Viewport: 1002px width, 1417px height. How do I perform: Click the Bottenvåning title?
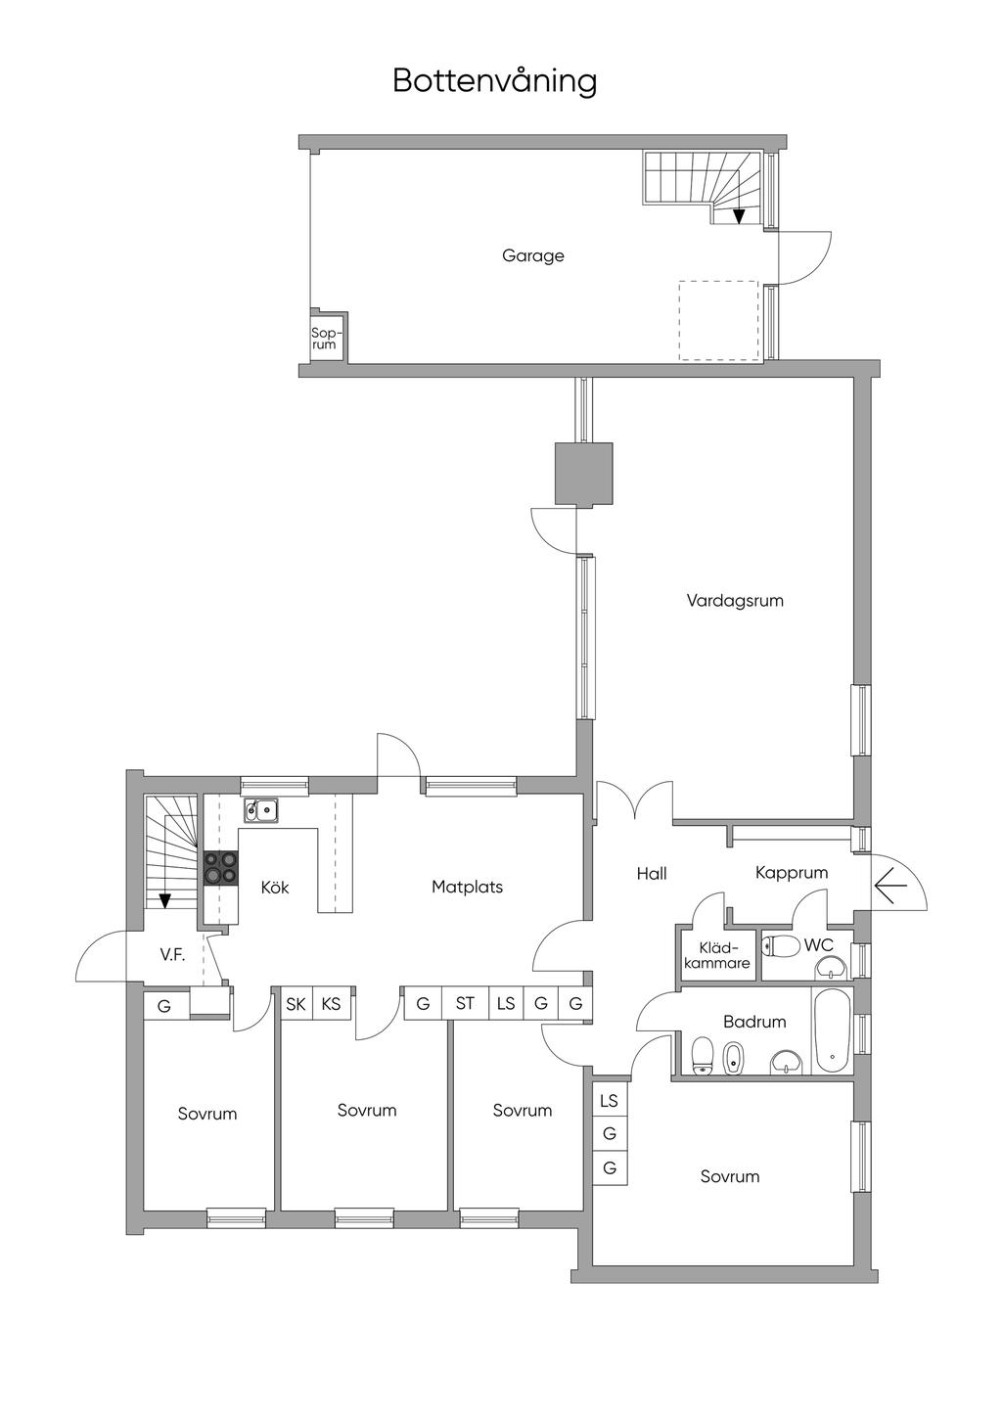pyautogui.click(x=495, y=81)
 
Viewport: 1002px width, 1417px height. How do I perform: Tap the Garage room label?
pyautogui.click(x=532, y=255)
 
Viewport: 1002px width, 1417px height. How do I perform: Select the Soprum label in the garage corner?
pyautogui.click(x=324, y=339)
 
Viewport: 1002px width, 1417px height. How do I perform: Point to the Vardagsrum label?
pyautogui.click(x=735, y=600)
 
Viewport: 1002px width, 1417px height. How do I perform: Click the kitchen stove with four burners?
pyautogui.click(x=221, y=867)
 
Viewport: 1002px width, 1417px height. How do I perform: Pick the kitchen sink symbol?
pyautogui.click(x=261, y=809)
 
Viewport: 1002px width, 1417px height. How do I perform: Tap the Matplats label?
pyautogui.click(x=467, y=887)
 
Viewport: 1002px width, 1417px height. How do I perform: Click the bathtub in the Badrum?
pyautogui.click(x=833, y=1031)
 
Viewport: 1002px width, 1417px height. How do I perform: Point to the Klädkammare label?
pyautogui.click(x=716, y=956)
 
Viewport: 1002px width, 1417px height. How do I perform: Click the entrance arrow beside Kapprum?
pyautogui.click(x=890, y=885)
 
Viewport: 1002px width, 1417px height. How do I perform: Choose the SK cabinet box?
pyautogui.click(x=296, y=1004)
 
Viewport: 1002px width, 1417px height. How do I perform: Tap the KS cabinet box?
pyautogui.click(x=331, y=1004)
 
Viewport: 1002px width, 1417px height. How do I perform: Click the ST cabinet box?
pyautogui.click(x=465, y=1003)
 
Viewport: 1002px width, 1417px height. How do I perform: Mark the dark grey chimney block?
pyautogui.click(x=584, y=474)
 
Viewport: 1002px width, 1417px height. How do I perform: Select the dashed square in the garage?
pyautogui.click(x=718, y=321)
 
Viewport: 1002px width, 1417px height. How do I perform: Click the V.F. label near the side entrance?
pyautogui.click(x=172, y=955)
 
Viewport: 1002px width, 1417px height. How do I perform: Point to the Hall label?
pyautogui.click(x=652, y=874)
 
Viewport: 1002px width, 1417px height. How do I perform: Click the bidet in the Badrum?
pyautogui.click(x=734, y=1058)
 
